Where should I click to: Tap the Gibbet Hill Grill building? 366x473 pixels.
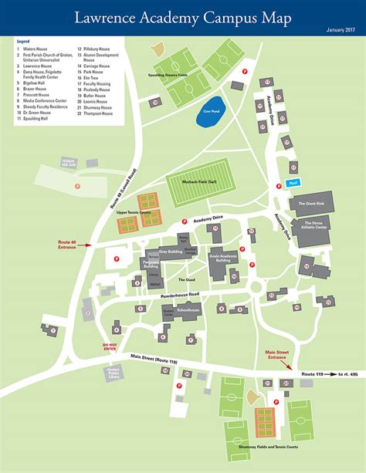pyautogui.click(x=69, y=163)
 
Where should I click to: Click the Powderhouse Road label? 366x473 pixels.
pyautogui.click(x=178, y=294)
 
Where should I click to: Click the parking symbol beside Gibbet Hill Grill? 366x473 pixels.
pyautogui.click(x=77, y=186)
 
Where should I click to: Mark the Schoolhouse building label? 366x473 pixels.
pyautogui.click(x=188, y=309)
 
